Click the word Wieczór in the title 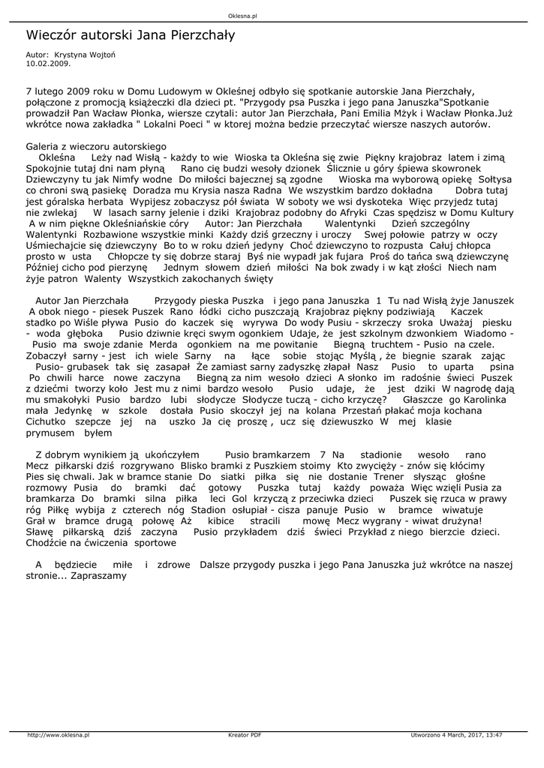[52, 34]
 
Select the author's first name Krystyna [71, 55]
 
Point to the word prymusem [51, 433]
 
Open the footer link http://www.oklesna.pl [59, 735]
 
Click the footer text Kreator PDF [245, 735]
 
